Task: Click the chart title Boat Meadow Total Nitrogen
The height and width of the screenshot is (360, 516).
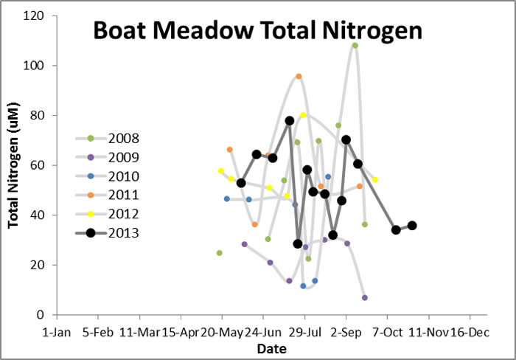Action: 257,32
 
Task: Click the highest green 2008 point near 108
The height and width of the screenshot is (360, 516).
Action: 355,45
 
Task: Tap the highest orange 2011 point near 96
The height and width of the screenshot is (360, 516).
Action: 299,76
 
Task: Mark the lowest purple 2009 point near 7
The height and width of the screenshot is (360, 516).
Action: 365,297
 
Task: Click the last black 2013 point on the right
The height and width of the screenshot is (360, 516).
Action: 412,226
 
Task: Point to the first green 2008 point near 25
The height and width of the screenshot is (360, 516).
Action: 219,253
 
